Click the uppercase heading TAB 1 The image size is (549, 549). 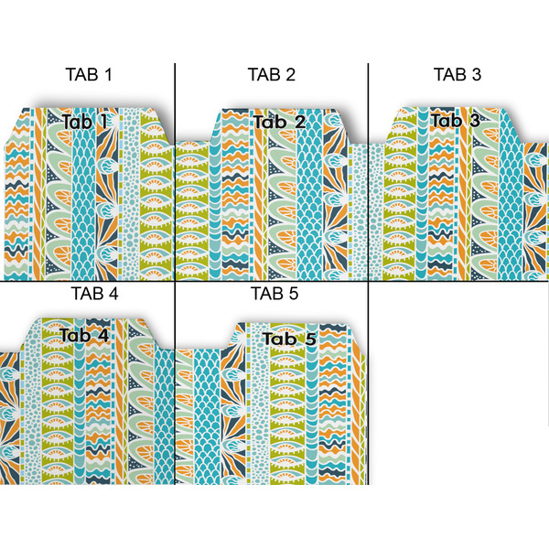tap(88, 75)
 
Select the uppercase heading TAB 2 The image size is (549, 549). tap(271, 75)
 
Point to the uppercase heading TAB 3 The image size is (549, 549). tap(457, 75)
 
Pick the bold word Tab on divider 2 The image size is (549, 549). tap(269, 122)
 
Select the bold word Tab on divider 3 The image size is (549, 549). tap(447, 120)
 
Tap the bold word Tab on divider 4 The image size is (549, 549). tap(77, 335)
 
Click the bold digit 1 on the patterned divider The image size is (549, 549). tap(102, 121)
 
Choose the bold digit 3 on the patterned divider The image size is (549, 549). tap(473, 120)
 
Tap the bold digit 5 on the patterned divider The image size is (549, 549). tap(309, 339)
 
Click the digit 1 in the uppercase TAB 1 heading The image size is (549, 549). tap(108, 75)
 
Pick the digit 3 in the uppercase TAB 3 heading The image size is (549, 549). tap(476, 75)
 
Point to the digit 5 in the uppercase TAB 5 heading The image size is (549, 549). tap(295, 295)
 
